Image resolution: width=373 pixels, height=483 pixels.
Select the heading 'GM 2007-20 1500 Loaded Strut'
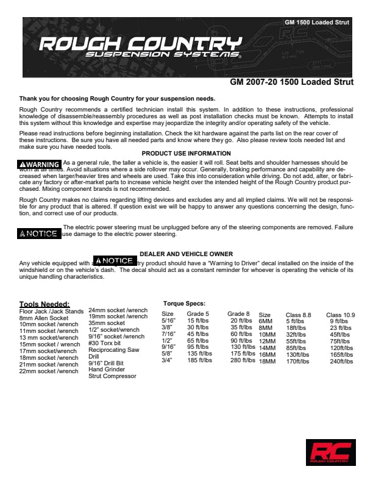[x=291, y=82]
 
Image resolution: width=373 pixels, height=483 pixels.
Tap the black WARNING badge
[x=40, y=164]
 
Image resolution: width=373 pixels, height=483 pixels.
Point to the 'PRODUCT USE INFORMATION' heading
[x=186, y=153]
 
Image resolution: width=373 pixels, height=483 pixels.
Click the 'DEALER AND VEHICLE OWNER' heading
[x=185, y=254]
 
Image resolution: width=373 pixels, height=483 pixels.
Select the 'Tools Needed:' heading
[x=44, y=304]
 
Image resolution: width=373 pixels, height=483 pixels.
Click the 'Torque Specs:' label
[x=184, y=303]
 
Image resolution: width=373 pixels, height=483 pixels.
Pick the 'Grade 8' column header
[x=238, y=314]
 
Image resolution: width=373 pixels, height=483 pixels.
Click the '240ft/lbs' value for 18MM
[x=342, y=361]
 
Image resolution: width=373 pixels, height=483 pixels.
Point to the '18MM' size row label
[x=268, y=361]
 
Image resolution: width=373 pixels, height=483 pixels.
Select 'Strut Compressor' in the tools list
[x=112, y=376]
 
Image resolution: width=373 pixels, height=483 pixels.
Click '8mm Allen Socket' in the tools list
[x=44, y=318]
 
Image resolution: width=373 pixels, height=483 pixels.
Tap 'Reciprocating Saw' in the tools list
[x=114, y=350]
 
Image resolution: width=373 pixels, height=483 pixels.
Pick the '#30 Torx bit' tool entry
[x=105, y=343]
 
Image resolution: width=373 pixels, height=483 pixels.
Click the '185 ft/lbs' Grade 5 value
[x=199, y=360]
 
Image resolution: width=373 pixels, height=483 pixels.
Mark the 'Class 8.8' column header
[x=298, y=315]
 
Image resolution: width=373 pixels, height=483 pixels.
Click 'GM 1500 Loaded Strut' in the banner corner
[x=317, y=23]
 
